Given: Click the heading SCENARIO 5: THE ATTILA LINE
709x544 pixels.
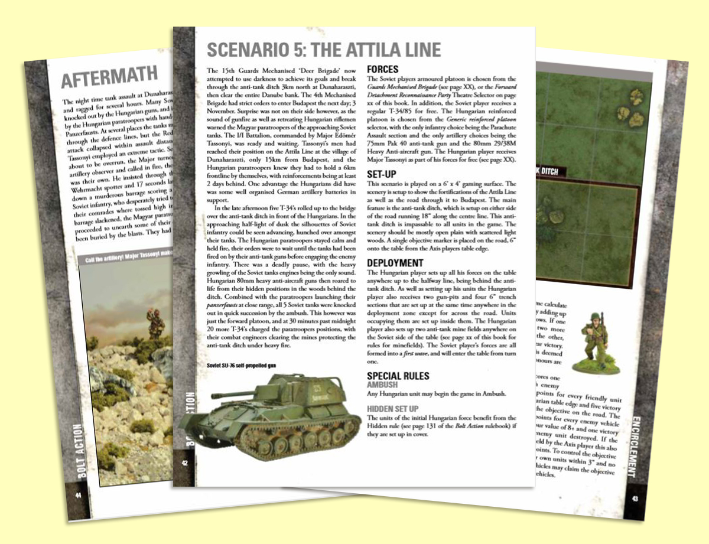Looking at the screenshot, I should (323, 49).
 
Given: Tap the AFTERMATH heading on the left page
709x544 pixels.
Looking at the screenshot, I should (110, 77).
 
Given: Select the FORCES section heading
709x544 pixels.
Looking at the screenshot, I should (383, 69).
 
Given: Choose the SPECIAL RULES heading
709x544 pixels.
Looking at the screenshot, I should (398, 376).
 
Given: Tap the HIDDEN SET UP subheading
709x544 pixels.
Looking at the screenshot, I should (394, 409).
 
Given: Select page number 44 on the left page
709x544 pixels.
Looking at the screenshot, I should (77, 495).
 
